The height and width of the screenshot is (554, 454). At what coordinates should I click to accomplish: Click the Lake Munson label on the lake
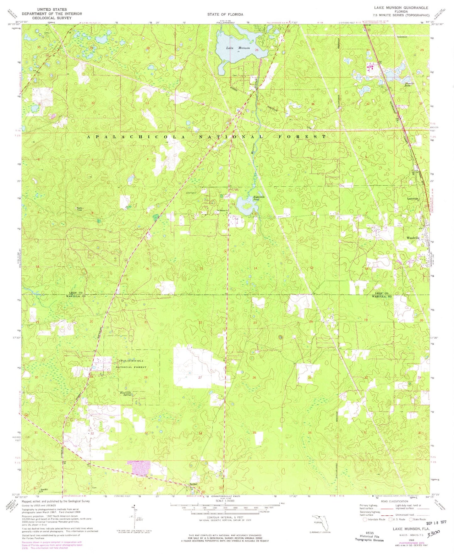pos(238,48)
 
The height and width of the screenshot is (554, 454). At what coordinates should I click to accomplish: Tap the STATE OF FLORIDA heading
pos(225,14)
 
